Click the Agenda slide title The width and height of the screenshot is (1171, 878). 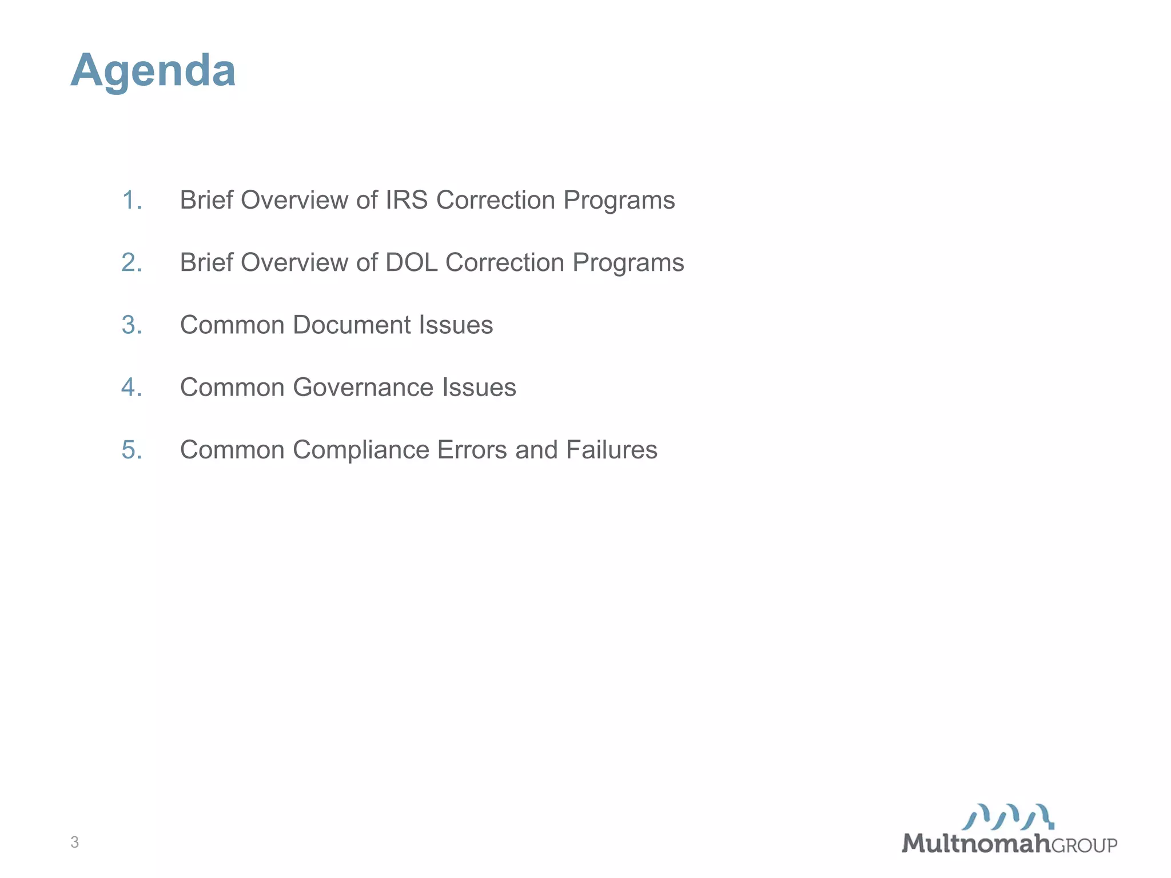click(153, 70)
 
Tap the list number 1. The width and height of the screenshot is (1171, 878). click(132, 200)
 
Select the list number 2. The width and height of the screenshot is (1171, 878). click(132, 262)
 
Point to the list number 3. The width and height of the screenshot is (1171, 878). click(132, 325)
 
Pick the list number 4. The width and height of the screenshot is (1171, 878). click(132, 387)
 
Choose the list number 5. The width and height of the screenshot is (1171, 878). click(132, 450)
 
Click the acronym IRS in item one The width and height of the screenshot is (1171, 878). click(407, 200)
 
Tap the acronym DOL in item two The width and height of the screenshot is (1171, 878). click(411, 262)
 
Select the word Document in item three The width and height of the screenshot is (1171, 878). click(352, 325)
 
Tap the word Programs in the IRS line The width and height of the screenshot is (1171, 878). click(619, 200)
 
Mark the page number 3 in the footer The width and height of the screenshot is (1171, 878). click(74, 842)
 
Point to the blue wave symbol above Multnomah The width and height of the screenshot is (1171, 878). click(1008, 817)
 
